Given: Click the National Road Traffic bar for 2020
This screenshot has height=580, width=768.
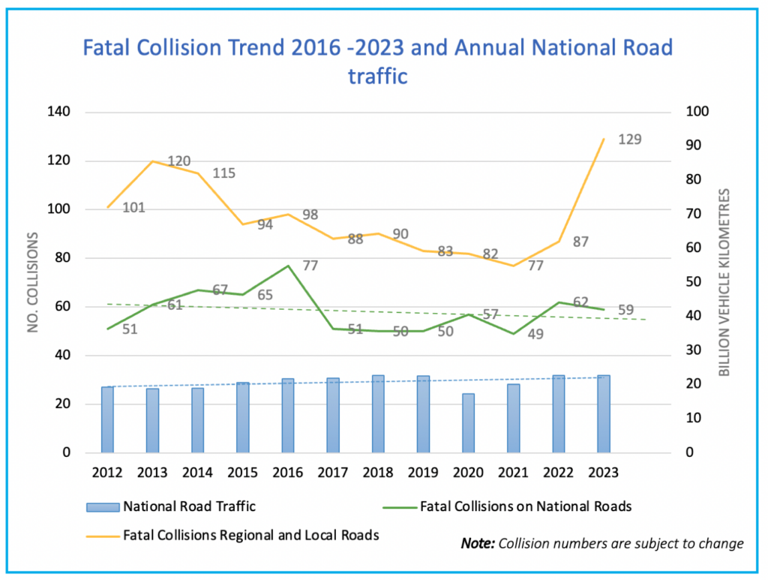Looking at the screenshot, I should point(468,423).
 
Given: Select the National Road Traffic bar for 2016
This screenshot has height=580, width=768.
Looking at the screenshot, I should point(288,416).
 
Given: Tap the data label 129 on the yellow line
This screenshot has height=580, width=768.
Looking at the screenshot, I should point(630,140).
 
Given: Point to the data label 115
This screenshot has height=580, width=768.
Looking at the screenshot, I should point(223,173).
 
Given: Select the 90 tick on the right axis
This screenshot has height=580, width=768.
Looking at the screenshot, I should point(697,146).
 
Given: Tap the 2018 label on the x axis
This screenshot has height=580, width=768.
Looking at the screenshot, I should point(378,473).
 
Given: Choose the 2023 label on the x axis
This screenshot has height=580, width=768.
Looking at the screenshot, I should point(604,473).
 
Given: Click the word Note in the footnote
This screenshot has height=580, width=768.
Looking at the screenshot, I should point(477,543).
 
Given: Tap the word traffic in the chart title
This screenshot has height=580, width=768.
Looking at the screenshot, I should point(378,76).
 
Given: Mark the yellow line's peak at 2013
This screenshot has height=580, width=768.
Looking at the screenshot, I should point(153,161).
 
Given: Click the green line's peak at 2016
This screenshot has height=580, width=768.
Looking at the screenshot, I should point(288,266).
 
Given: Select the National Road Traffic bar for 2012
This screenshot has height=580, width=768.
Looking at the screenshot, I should point(107,419).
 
